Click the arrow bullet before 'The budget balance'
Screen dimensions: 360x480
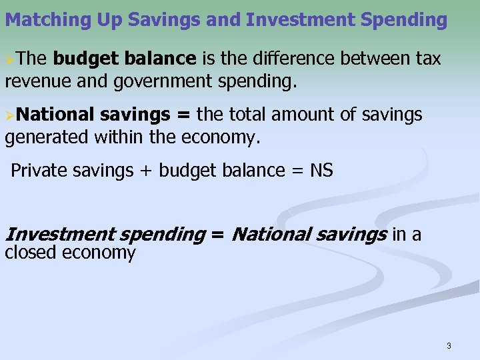pos(9,59)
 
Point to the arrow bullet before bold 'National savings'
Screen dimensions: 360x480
pos(9,115)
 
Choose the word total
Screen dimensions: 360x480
pos(251,115)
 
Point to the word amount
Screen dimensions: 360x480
pos(309,115)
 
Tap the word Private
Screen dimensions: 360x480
pos(39,171)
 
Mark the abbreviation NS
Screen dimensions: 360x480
pos(321,171)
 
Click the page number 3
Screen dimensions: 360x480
pos(449,345)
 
